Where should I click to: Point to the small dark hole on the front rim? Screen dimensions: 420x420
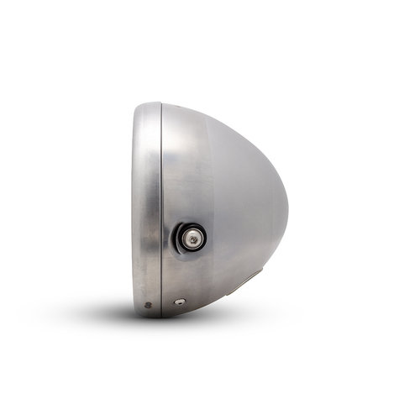[148, 304]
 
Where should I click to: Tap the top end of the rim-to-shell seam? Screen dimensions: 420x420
[160, 104]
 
